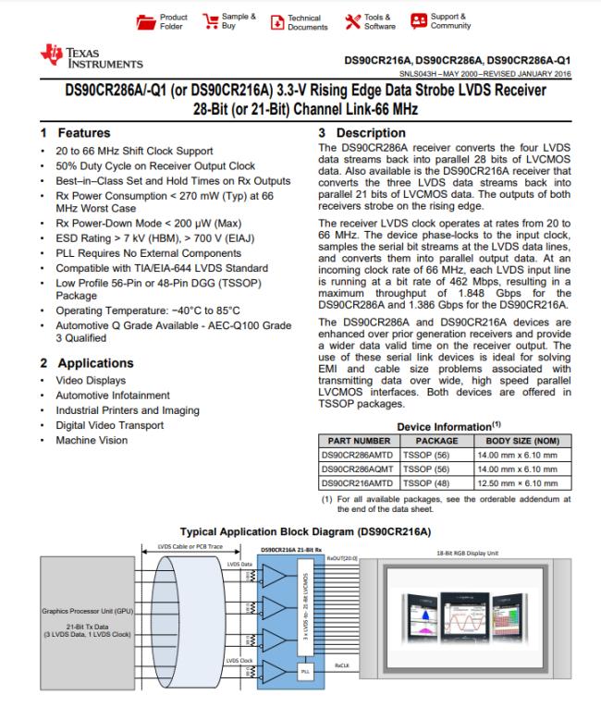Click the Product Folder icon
tap(144, 20)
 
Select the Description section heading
tap(356, 133)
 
